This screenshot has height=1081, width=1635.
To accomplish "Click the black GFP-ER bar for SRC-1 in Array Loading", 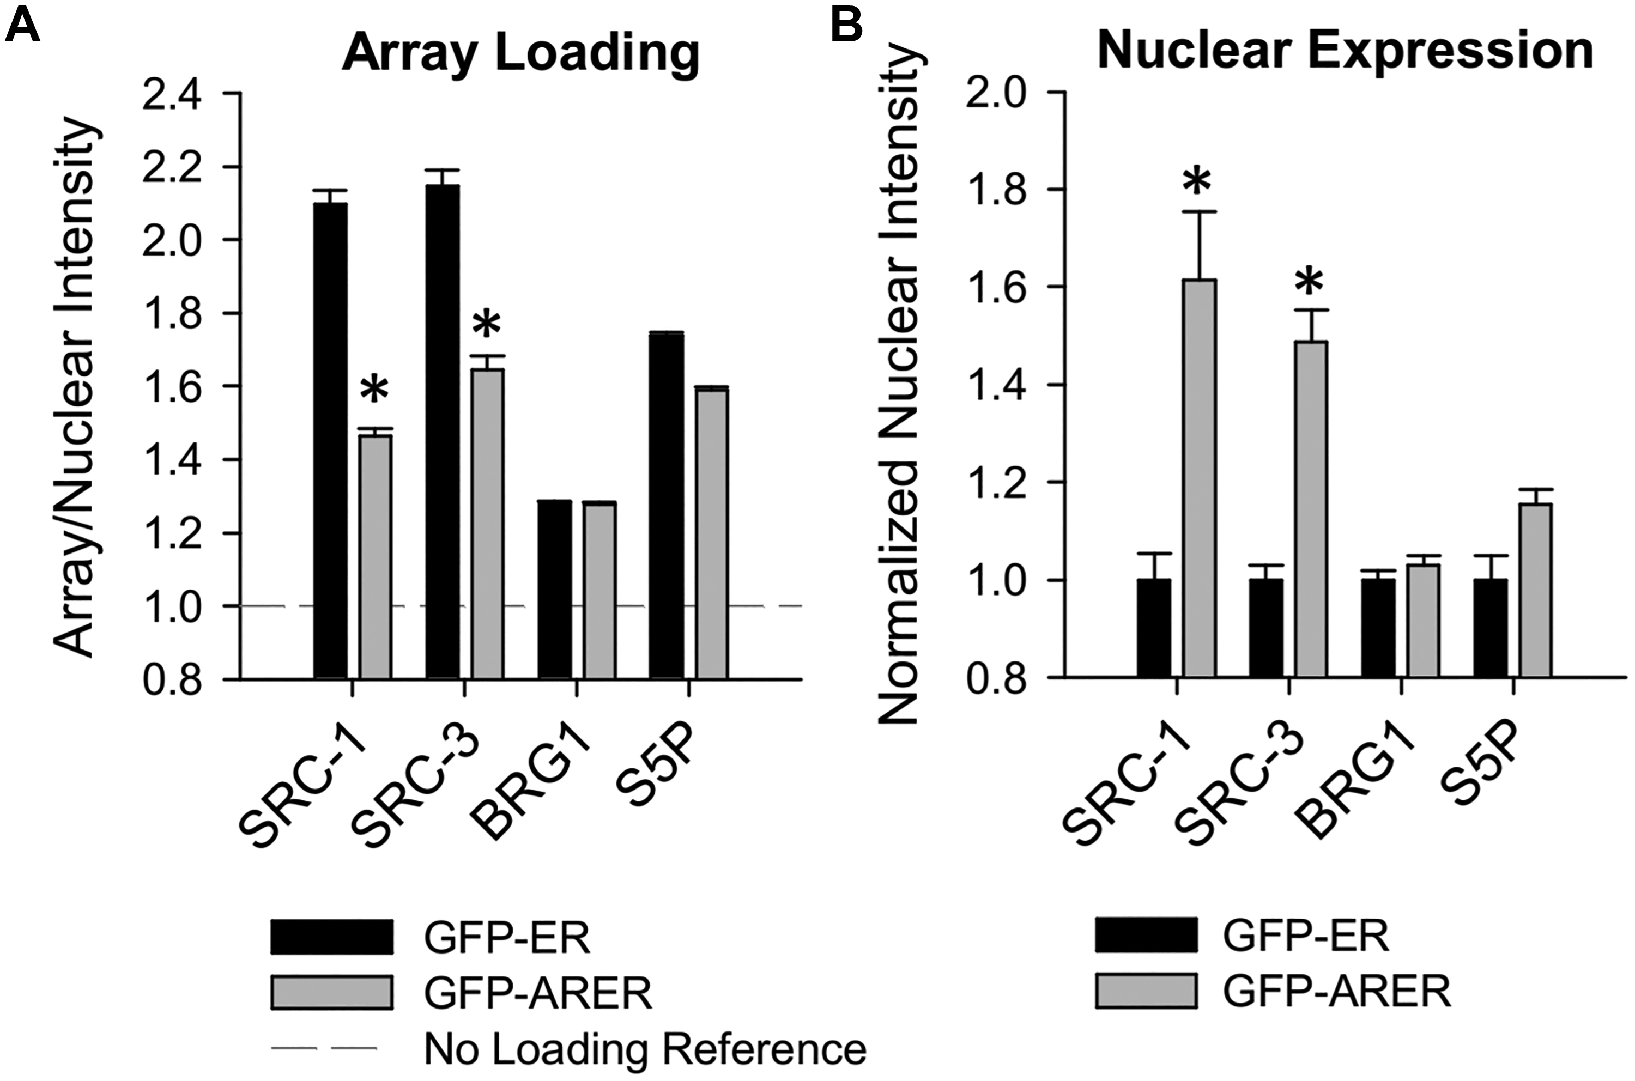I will coord(330,441).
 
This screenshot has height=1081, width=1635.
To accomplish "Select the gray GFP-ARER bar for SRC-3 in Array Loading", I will coord(488,524).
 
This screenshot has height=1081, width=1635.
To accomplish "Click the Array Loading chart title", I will coord(520,54).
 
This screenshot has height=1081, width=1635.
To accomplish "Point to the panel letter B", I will coord(847,26).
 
